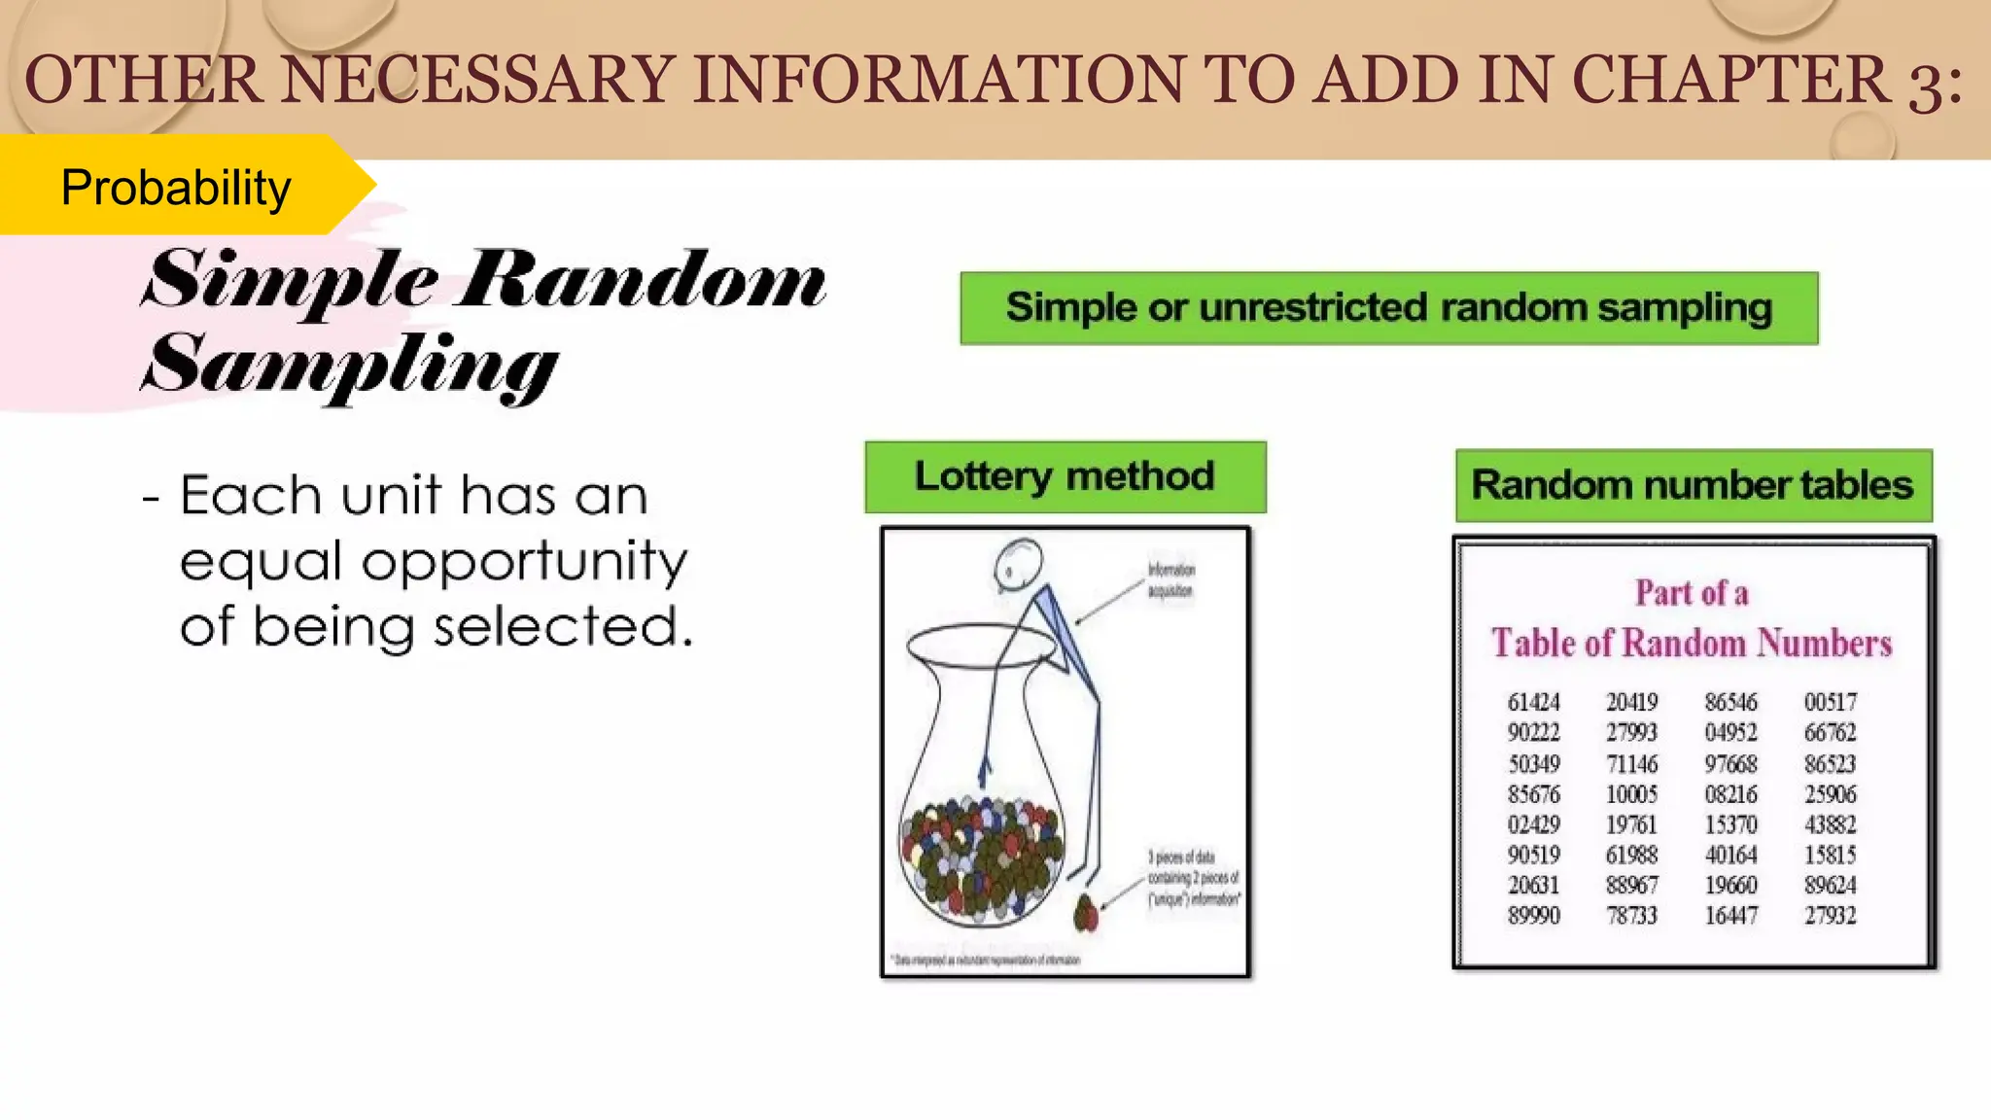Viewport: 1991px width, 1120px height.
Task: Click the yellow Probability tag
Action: [175, 187]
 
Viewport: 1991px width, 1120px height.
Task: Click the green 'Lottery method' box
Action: [1065, 476]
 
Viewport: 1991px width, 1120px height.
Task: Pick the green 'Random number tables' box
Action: [1693, 485]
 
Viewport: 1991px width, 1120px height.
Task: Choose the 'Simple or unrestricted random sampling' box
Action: [1388, 308]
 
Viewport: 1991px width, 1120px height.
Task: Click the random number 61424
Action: [1533, 702]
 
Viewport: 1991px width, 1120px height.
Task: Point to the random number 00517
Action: [1830, 702]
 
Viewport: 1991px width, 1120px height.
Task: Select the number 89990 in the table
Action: [1533, 916]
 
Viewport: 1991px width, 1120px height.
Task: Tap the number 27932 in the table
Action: [1830, 916]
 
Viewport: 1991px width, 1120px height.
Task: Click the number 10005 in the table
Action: [1631, 794]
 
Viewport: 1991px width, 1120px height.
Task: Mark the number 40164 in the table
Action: [1730, 855]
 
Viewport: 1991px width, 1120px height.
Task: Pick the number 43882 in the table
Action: [1830, 824]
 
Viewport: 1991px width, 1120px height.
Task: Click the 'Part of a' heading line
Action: [1692, 593]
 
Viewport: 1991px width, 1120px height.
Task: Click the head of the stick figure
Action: [1019, 563]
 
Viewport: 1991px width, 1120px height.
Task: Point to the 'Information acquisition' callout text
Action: [1170, 580]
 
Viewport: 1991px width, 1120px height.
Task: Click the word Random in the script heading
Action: [642, 282]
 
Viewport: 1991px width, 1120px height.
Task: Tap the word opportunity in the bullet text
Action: [525, 563]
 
